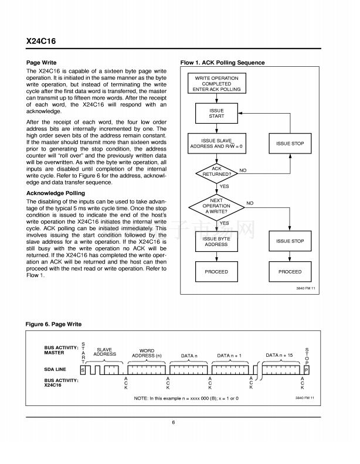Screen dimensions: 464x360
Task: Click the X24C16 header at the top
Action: tap(41, 42)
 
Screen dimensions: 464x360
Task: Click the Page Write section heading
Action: tap(42, 62)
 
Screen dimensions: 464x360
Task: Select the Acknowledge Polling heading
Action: tap(56, 193)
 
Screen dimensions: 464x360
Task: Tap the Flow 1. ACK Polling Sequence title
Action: tap(222, 63)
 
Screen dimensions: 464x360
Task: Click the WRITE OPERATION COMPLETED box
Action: tap(216, 84)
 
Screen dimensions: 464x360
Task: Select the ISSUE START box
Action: tap(216, 113)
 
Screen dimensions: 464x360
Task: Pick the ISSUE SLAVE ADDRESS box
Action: tap(216, 144)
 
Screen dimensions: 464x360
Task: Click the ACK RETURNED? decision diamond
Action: tap(216, 171)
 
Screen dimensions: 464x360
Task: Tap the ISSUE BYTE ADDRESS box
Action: tap(216, 241)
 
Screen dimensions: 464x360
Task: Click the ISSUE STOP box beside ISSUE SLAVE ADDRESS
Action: tap(290, 144)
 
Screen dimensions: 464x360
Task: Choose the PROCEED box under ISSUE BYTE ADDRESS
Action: tap(216, 272)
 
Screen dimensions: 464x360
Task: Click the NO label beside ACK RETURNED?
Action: tap(243, 170)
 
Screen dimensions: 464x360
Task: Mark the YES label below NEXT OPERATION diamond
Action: tap(224, 223)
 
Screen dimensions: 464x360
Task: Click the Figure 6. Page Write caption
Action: tap(54, 324)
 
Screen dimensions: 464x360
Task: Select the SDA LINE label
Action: tap(56, 370)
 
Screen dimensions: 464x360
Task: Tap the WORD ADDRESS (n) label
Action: tap(147, 353)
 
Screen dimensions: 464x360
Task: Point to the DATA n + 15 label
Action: tap(279, 355)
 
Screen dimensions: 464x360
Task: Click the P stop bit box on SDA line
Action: tap(306, 370)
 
